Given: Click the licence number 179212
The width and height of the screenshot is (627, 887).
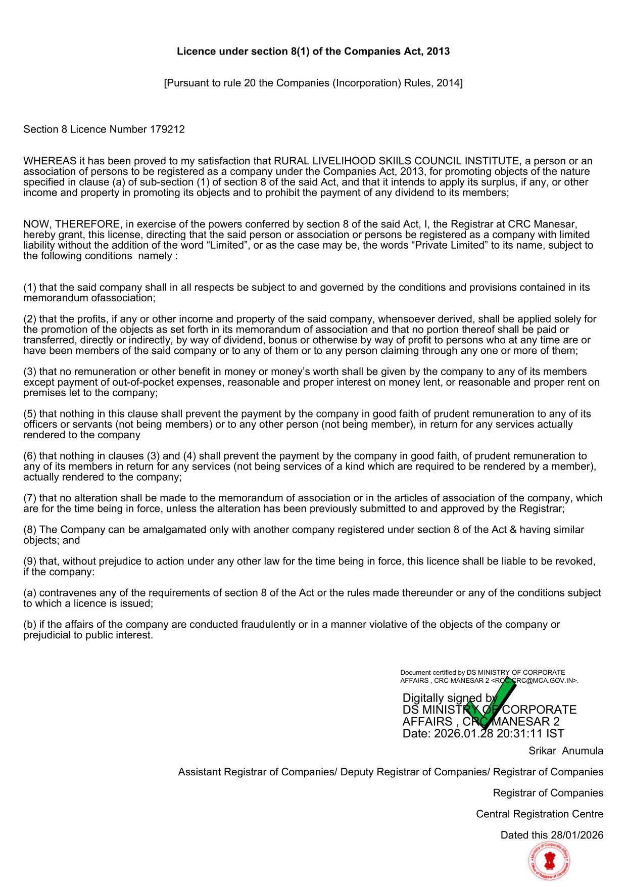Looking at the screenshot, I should tap(167, 129).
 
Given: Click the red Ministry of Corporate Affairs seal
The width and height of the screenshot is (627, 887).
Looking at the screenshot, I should tap(549, 861).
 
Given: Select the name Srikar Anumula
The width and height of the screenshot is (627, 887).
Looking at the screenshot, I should tap(565, 751).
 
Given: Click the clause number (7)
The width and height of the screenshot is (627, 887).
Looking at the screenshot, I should tap(30, 498).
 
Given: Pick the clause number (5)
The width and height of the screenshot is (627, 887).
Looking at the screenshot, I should tap(30, 414).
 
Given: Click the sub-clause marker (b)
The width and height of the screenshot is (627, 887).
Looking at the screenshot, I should tap(30, 625).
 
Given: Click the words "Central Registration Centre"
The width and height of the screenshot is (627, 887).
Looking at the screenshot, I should tap(539, 814).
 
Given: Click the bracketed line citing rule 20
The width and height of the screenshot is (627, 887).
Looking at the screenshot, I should tap(313, 83).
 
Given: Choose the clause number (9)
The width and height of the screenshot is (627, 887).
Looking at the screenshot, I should tap(30, 562).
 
